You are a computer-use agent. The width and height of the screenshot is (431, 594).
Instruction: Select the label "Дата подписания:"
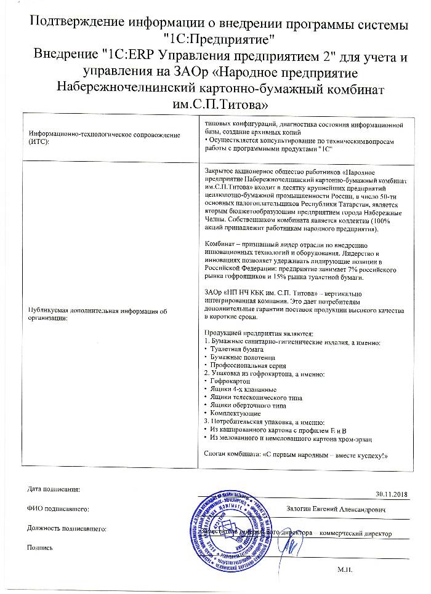coord(54,489)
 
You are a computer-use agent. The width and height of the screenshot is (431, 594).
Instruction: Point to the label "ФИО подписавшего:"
coord(58,509)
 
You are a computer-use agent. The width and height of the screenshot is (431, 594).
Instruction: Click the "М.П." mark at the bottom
coord(344,571)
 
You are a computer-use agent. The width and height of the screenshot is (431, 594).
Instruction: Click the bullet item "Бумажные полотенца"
coord(237,357)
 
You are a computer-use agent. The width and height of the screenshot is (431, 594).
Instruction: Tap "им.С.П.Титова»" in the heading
coord(215,101)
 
